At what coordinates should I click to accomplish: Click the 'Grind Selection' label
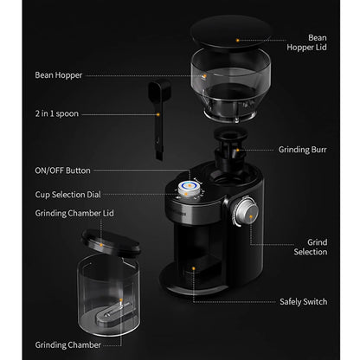311,247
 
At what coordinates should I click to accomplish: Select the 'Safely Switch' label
303,302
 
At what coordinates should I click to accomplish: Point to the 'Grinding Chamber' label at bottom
67,344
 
